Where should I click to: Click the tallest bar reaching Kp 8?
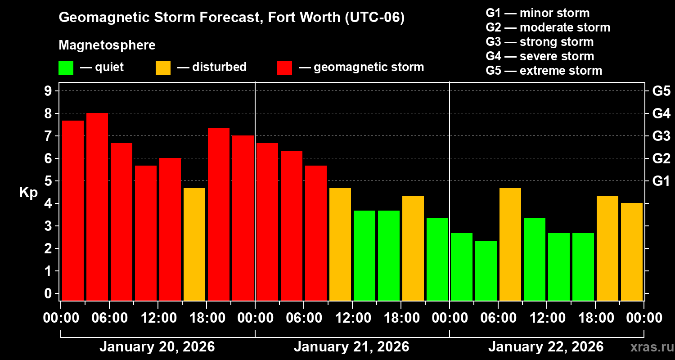97,207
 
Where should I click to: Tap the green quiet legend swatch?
66,68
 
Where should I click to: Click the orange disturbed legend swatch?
163,68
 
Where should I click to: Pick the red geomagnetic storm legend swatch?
284,68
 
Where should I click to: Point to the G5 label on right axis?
661,91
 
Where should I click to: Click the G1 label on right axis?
661,181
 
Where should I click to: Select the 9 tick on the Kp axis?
48,91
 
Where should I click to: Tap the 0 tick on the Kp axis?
48,294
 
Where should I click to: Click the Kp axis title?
28,193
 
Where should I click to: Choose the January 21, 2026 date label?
351,347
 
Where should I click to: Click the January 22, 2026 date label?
546,347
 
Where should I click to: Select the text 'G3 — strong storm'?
540,42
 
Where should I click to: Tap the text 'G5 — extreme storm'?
544,71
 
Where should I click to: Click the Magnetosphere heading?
107,45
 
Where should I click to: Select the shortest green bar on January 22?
486,270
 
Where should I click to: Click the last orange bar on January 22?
632,252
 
